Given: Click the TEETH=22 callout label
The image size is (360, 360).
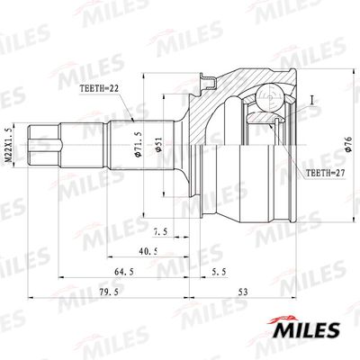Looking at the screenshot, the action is tap(99, 88).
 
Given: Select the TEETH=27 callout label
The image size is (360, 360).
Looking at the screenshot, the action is tap(325, 173).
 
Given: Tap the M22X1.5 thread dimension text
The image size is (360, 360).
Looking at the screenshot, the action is tap(10, 145).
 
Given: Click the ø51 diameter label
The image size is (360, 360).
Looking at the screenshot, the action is tap(158, 144).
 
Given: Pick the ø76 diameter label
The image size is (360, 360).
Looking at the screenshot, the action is tap(348, 144).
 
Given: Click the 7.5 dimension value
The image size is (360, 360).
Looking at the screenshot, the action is tap(160, 232).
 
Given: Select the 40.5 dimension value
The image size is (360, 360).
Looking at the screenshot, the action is tap(148, 251).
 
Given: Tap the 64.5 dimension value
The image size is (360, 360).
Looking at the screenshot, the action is tap(124, 272).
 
